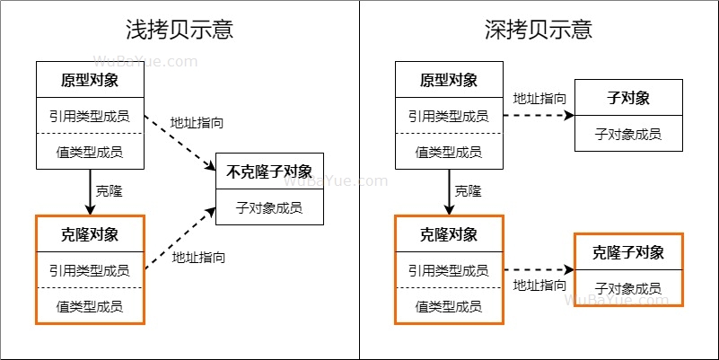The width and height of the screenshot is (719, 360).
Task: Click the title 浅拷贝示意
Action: coord(180,29)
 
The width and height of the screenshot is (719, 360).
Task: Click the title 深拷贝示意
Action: coord(539,29)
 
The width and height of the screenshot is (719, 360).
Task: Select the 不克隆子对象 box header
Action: coord(269,171)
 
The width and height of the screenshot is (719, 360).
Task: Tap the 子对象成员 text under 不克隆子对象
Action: coord(269,207)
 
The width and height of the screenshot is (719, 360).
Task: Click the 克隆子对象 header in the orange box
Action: coord(628,252)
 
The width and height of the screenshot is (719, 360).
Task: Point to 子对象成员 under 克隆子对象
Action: coord(628,288)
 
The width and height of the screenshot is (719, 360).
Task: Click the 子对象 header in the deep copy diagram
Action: coord(628,98)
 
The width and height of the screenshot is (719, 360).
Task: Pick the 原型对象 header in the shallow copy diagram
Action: coord(90,80)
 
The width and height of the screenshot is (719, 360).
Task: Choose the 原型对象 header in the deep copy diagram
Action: coord(449,80)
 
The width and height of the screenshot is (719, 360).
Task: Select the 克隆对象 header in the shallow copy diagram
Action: coord(90,234)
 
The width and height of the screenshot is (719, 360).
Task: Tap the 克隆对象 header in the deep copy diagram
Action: coord(449,234)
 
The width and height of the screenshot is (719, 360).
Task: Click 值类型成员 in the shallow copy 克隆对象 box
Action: coord(90,306)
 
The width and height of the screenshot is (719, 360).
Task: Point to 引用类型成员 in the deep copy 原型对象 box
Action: coord(449,116)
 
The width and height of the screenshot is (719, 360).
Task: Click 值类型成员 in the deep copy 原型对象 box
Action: coord(449,152)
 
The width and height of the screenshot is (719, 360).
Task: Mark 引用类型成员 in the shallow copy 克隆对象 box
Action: coord(90,270)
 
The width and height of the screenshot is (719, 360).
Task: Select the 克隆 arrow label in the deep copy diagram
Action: coord(468,191)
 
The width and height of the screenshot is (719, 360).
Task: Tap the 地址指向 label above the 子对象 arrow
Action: coord(539,98)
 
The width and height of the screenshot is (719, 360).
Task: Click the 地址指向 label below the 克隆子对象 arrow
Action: coord(539,285)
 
